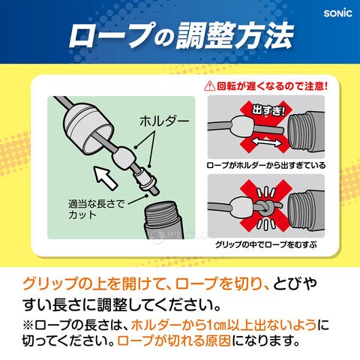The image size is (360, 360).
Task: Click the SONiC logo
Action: coord(337,13)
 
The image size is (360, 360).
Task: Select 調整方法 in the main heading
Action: coord(234,35)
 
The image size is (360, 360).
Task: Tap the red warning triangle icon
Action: coord(209,86)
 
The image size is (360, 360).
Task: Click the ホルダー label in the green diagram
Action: coord(164,121)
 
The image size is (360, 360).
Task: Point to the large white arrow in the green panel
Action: coord(105,178)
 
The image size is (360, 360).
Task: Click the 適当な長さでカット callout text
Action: coord(96,209)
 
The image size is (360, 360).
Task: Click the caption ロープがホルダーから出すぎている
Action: coord(266,166)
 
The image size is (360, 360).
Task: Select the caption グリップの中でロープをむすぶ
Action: coord(266,244)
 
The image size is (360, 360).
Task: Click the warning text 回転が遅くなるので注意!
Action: coord(271,86)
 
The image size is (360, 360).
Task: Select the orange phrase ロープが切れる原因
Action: coord(174,340)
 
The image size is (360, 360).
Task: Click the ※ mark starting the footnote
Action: coord(28,325)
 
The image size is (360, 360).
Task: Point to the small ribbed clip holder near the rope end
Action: coord(145,179)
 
